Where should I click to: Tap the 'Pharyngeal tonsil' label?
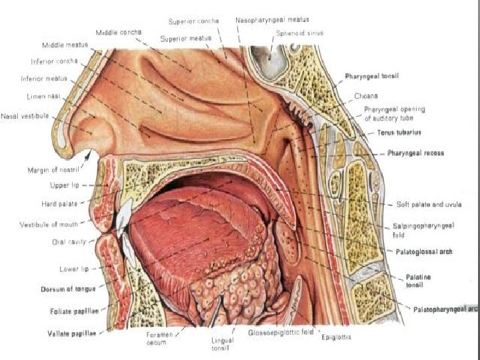tap(372, 77)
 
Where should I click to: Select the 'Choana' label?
tap(367, 95)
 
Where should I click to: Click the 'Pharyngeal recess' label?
tap(415, 153)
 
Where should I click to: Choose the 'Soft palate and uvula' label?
tap(429, 204)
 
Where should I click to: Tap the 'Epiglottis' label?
tap(337, 337)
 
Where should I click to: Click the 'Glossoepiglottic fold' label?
tap(281, 331)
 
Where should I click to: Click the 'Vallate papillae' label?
tap(73, 331)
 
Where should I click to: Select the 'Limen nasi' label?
tap(44, 97)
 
